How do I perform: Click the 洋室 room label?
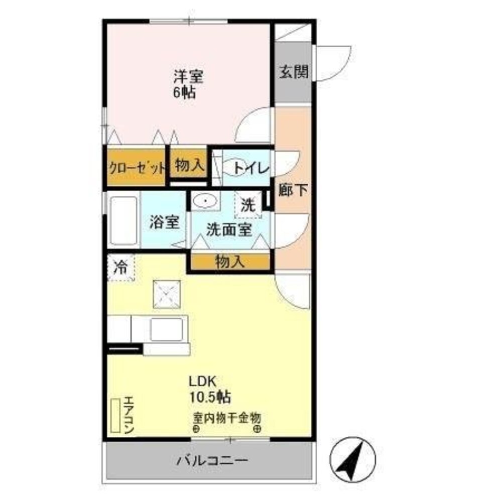pyautogui.click(x=188, y=76)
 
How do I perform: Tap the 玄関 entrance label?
pyautogui.click(x=293, y=72)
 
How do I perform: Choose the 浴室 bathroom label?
pyautogui.click(x=164, y=222)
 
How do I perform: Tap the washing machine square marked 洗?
pyautogui.click(x=247, y=205)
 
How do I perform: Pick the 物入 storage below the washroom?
pyautogui.click(x=230, y=261)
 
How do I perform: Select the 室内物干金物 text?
pyautogui.click(x=227, y=417)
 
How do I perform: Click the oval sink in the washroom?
pyautogui.click(x=205, y=202)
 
